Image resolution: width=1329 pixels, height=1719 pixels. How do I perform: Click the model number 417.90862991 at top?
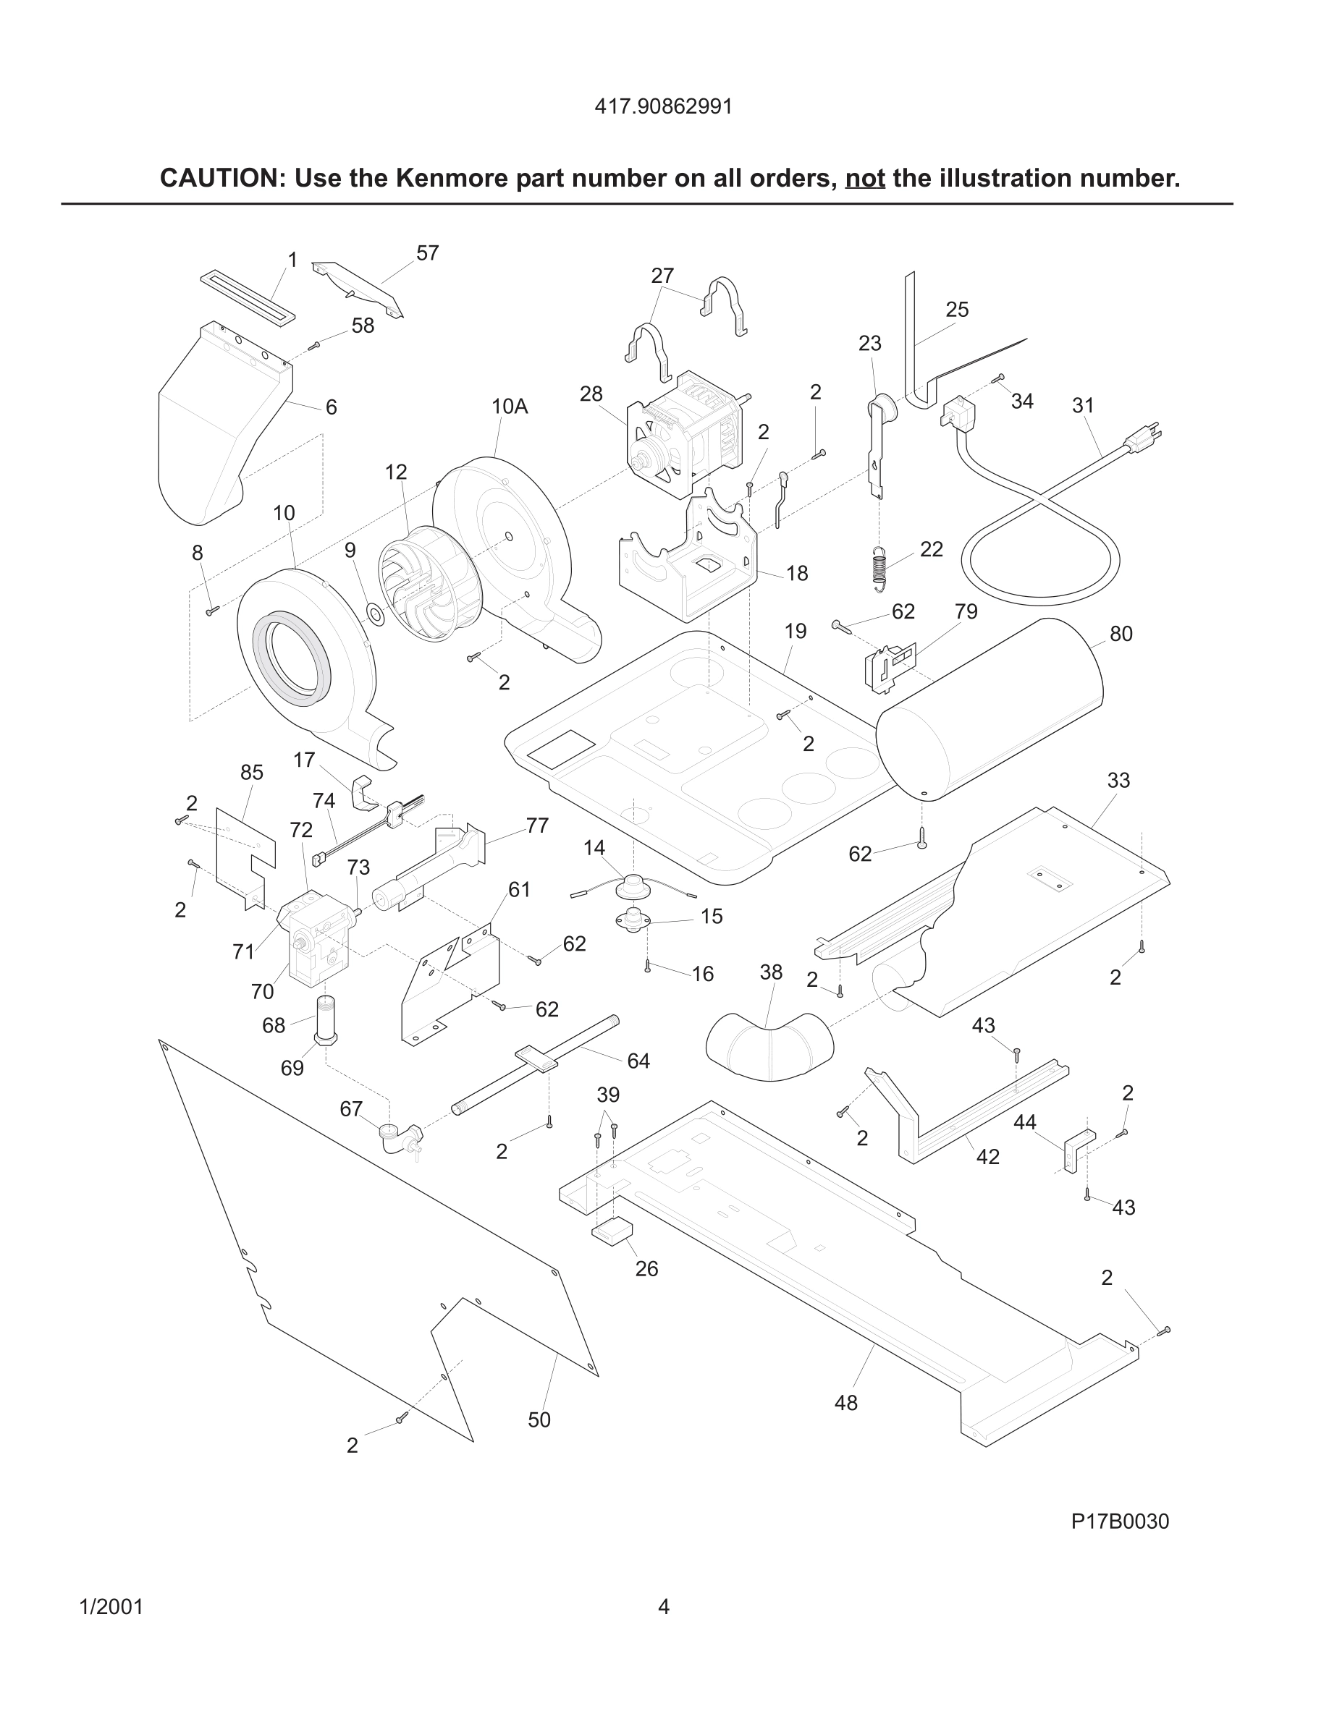(x=663, y=106)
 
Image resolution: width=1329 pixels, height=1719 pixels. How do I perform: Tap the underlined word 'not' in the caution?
(x=864, y=179)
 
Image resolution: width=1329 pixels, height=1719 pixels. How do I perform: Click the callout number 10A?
(x=510, y=406)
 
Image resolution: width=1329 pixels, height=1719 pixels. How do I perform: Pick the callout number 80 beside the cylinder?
(x=1121, y=634)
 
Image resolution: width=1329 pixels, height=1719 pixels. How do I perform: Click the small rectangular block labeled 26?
(x=612, y=1230)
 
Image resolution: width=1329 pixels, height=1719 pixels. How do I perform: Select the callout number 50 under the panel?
(x=539, y=1420)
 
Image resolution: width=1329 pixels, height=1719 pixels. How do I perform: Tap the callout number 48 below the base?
(x=845, y=1403)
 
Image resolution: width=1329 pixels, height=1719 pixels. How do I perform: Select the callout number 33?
(x=1118, y=780)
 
